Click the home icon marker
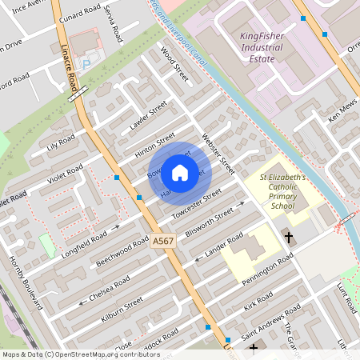pos(180,172)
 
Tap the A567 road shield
pos(163,241)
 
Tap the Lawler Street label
pos(147,116)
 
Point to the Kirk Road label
pos(259,302)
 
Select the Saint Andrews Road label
pos(271,319)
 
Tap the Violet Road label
pos(65,173)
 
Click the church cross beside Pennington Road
pos(288,238)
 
